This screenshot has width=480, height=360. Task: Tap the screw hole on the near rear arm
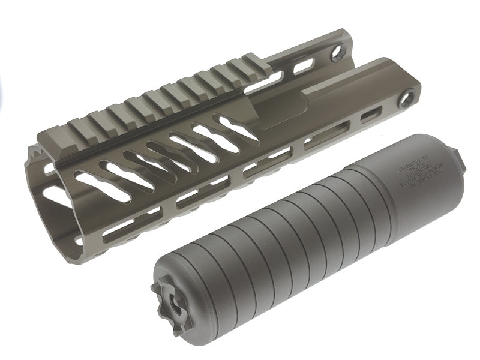(412, 97)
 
